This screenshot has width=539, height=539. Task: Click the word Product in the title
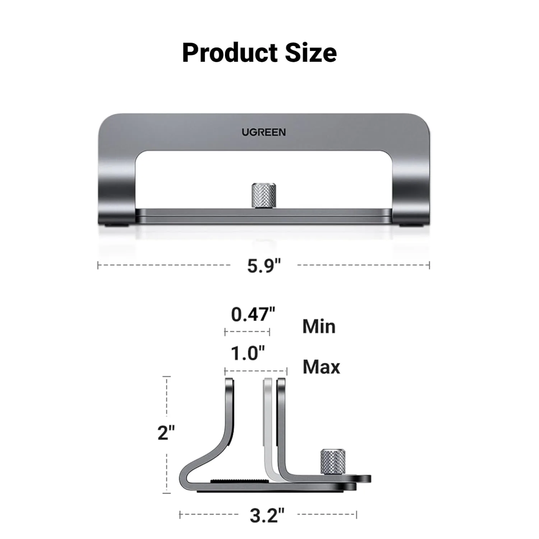point(230,53)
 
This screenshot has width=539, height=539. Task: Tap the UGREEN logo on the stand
point(263,132)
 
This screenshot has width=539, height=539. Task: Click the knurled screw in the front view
point(263,195)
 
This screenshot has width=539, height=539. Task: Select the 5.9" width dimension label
point(263,266)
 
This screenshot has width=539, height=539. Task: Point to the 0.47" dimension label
point(253,314)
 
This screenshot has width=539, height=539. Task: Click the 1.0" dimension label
point(248,354)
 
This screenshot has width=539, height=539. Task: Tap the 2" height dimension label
point(166,433)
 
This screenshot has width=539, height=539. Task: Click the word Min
point(319,327)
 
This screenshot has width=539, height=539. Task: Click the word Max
point(321,367)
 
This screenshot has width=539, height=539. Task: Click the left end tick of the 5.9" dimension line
point(98,266)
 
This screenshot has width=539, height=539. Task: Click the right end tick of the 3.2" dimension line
point(356,515)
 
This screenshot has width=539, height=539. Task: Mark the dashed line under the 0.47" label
point(247,332)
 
